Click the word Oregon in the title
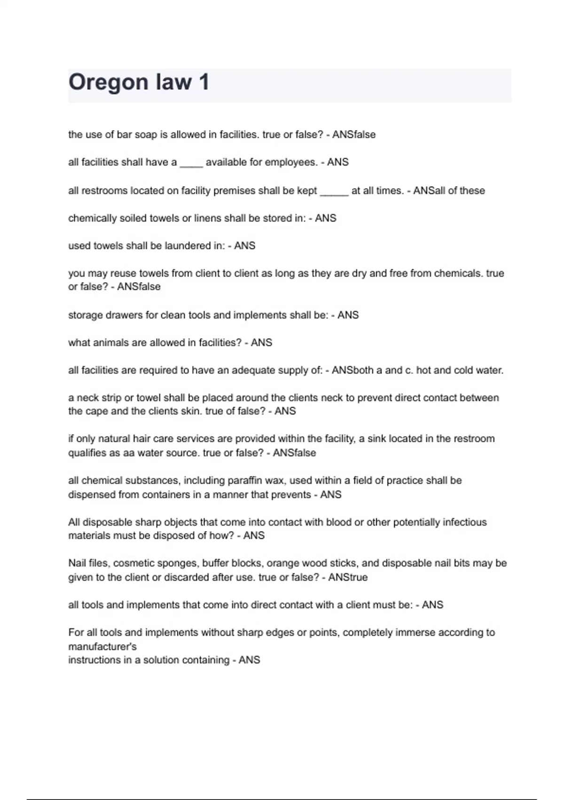109,82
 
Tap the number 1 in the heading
204,82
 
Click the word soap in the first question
146,135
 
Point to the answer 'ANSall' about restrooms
429,191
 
